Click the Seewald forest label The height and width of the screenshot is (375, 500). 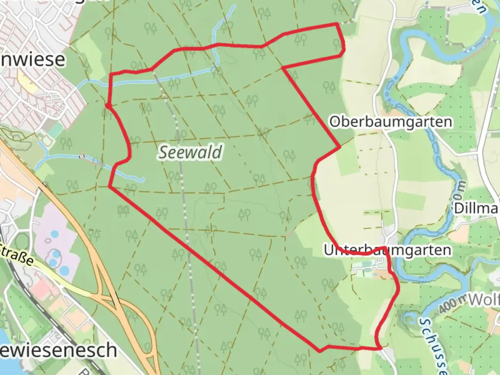190,152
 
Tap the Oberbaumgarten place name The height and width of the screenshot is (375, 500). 391,122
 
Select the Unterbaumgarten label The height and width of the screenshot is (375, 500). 387,250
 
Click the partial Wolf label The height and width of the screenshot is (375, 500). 484,300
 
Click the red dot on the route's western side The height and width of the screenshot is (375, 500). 108,106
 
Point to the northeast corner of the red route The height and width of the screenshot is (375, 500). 337,24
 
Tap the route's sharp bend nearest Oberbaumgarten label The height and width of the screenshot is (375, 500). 340,147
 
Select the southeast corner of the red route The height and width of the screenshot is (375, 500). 381,348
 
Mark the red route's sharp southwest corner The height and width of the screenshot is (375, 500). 109,187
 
